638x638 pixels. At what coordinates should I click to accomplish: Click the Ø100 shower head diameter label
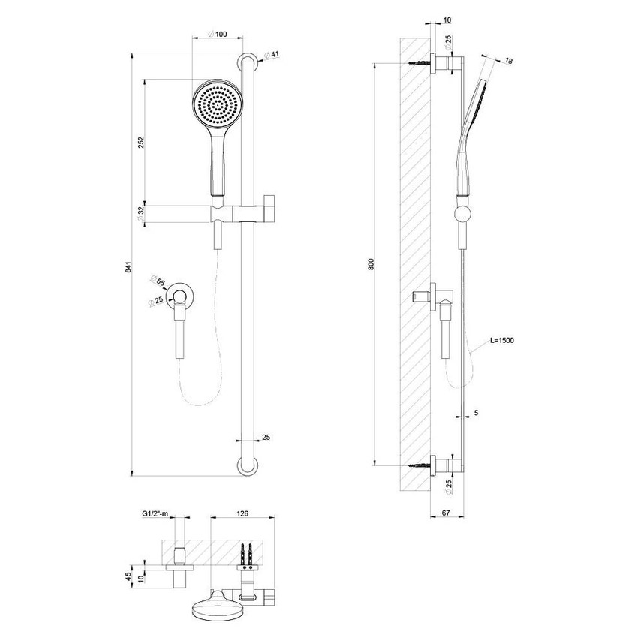[x=217, y=34]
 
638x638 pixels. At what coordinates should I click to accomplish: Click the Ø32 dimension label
[x=140, y=213]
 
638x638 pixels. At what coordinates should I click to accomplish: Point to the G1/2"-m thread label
[x=155, y=514]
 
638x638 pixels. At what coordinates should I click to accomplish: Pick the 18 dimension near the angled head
[x=508, y=60]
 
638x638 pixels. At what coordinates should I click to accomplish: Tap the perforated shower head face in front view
[x=217, y=105]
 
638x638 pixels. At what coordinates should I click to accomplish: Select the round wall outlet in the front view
[x=180, y=296]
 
